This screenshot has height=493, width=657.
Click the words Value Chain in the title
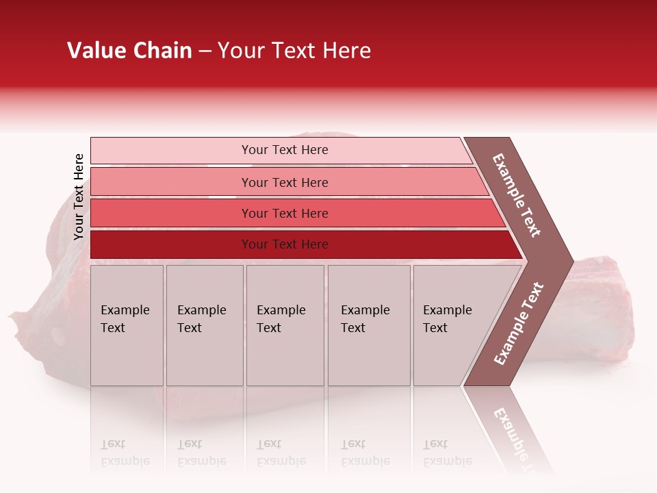pos(129,51)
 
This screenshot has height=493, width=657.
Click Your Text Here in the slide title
pos(294,51)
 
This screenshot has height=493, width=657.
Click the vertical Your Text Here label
pos(79,197)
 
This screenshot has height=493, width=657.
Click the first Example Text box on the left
pos(127,325)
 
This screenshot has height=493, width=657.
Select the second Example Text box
pos(205,325)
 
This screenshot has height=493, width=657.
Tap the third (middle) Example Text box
pos(285,325)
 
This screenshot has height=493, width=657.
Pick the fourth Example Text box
pos(369,325)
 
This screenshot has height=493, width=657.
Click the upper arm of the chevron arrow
pos(517,195)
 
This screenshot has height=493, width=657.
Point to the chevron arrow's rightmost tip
pos(571,261)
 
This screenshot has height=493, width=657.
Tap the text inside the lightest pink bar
pos(285,150)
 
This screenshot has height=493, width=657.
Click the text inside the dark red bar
pos(285,244)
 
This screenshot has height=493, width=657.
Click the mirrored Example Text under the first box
pos(125,453)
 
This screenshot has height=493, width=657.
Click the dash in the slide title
pos(205,51)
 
